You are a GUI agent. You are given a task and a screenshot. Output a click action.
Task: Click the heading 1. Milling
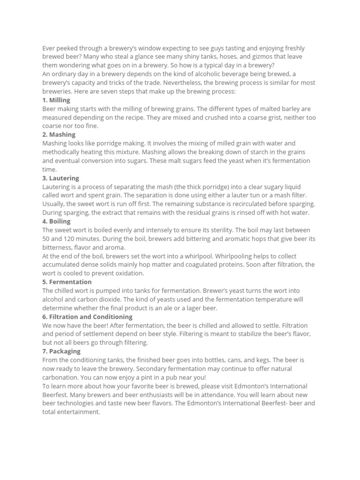(56, 100)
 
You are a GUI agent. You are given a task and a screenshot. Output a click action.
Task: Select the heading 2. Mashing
(59, 135)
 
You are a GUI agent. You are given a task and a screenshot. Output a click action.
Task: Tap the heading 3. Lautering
(60, 178)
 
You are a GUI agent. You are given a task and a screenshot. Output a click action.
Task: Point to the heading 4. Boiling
(56, 221)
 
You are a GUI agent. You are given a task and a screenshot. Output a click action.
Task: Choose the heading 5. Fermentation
(67, 282)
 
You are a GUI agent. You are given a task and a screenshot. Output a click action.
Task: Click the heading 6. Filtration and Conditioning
(87, 316)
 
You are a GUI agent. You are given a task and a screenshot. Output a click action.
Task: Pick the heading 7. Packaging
(61, 351)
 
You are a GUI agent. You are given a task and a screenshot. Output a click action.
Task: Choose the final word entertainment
(79, 412)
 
